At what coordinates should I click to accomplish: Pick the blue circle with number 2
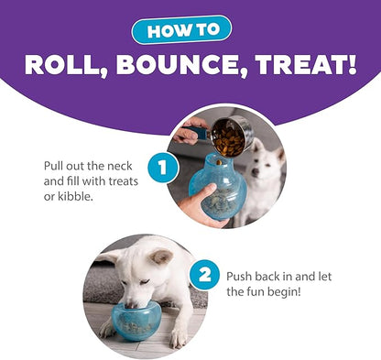(x=205, y=275)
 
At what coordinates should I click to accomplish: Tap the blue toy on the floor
(x=146, y=316)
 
